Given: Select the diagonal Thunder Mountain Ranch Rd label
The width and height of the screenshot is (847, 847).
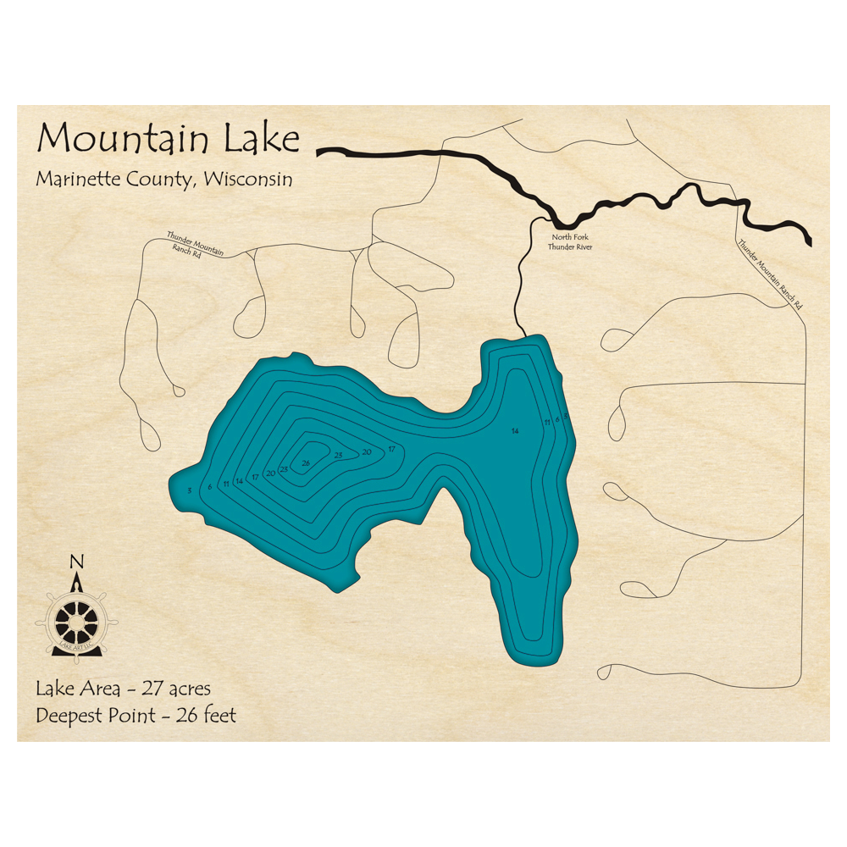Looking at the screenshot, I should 769,274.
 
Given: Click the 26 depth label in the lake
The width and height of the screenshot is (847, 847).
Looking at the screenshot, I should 306,462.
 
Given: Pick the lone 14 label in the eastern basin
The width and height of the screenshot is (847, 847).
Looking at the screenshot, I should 514,432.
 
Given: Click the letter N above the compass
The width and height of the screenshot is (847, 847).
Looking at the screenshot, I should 76,562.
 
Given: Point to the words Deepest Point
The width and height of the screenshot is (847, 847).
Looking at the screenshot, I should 95,716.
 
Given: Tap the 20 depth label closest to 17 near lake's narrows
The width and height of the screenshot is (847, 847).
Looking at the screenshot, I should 367,452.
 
